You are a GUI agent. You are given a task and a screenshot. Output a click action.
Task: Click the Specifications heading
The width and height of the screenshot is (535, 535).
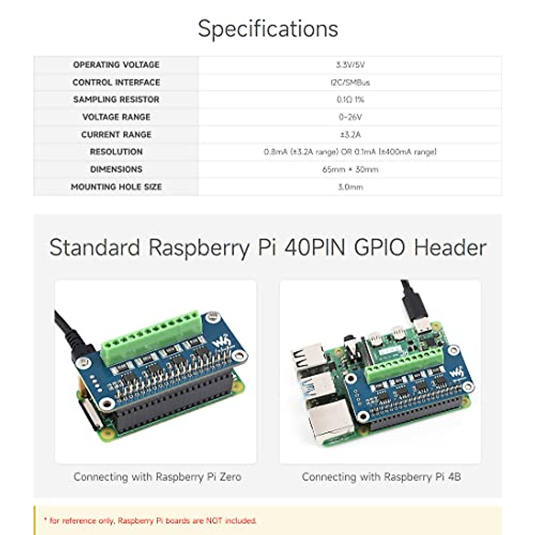point(267,29)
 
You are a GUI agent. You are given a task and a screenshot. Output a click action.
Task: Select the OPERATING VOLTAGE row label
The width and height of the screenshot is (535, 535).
point(116,65)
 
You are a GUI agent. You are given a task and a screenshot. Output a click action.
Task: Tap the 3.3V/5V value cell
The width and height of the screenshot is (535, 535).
point(350,65)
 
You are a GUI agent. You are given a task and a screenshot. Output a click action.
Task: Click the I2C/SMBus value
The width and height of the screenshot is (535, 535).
point(350,82)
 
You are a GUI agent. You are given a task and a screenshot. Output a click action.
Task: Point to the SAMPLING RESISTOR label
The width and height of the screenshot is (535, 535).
point(116,99)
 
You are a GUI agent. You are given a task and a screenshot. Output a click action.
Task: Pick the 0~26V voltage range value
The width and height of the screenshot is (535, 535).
point(350,117)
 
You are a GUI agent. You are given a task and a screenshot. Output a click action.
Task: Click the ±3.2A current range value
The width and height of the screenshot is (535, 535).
point(350,135)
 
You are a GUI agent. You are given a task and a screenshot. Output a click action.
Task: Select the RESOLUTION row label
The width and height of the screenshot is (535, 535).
point(116,152)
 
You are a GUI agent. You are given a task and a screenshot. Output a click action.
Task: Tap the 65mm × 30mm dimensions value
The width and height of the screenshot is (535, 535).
point(350,169)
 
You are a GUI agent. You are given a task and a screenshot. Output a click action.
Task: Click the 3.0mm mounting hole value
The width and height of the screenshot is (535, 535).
point(350,187)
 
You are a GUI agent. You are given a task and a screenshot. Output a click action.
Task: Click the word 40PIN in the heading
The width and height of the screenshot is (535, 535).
point(315,247)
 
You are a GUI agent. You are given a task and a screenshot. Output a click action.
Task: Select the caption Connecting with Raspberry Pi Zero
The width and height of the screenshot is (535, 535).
point(157,477)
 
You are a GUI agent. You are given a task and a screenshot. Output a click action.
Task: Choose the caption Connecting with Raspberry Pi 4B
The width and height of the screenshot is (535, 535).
point(381,477)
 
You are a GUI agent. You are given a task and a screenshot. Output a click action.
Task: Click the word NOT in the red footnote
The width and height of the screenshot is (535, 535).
point(214,520)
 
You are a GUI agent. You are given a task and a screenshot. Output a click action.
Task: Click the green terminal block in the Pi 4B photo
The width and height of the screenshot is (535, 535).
point(403,366)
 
